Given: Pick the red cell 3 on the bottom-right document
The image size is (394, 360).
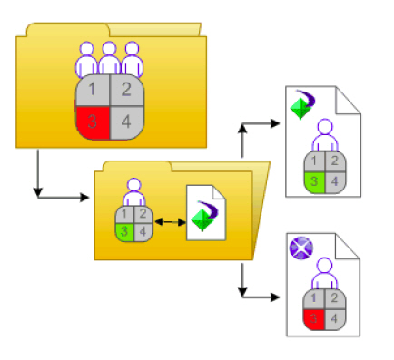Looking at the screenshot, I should click(313, 318).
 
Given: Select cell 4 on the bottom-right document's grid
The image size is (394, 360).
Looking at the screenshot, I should click(334, 318).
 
